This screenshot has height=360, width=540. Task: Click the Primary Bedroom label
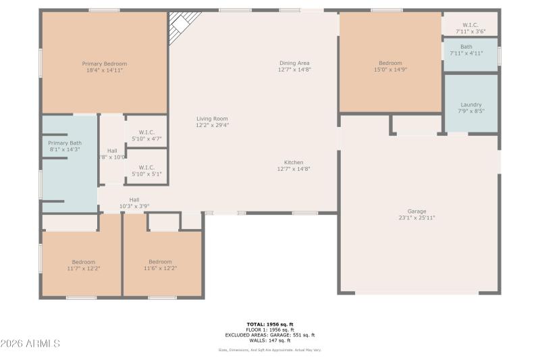click(x=105, y=63)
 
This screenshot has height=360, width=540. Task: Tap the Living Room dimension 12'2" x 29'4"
click(x=213, y=125)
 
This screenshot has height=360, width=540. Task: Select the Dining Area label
click(x=294, y=63)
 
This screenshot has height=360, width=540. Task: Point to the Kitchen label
click(x=294, y=163)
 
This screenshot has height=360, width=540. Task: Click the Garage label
click(x=416, y=211)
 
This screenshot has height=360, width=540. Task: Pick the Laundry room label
click(x=470, y=105)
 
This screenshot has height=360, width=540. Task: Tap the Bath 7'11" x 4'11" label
click(x=466, y=47)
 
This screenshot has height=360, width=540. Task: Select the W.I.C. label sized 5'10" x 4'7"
click(x=146, y=132)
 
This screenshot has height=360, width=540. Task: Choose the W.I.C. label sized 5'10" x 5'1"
click(x=146, y=167)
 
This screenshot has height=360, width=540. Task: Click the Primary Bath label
click(x=65, y=143)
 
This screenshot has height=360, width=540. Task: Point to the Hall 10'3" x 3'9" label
click(x=134, y=199)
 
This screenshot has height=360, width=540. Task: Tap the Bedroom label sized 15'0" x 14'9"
click(x=390, y=63)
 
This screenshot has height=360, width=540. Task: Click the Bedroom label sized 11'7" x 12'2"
click(x=84, y=262)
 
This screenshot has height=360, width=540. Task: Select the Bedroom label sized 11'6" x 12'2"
click(x=160, y=262)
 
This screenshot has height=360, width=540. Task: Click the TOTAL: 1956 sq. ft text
click(x=270, y=324)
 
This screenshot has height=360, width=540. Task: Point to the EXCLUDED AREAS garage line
click(x=270, y=335)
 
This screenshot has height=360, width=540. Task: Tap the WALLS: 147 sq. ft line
click(x=270, y=340)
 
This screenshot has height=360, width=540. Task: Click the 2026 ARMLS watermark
click(x=30, y=344)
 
